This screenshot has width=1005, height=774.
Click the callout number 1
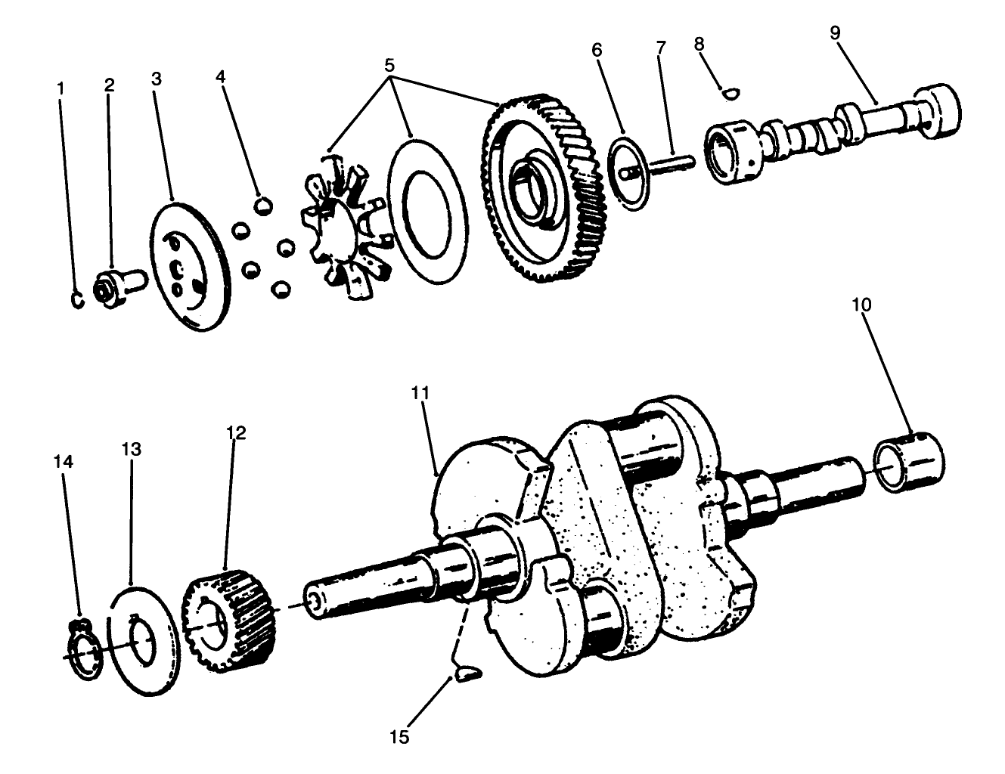click(x=60, y=88)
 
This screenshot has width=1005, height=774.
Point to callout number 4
click(x=221, y=77)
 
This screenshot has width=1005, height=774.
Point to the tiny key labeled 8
click(x=730, y=93)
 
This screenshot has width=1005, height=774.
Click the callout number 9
click(x=834, y=33)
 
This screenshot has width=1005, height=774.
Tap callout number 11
click(x=421, y=392)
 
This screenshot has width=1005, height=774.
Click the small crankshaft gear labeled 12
click(x=228, y=618)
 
